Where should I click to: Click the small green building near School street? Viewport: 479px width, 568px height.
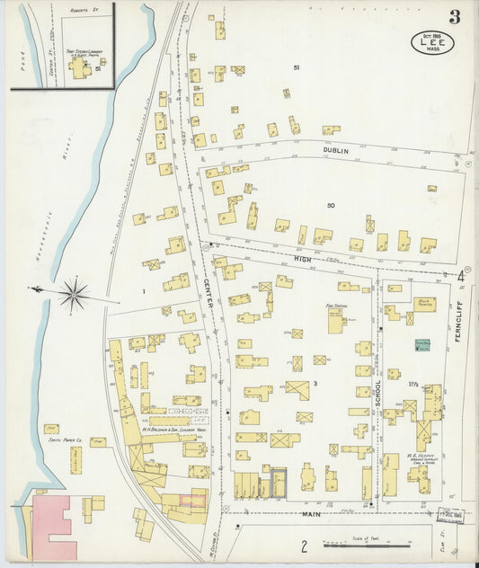(422, 343)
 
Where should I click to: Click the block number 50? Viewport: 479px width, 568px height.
(330, 206)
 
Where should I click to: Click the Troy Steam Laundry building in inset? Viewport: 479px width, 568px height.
(79, 67)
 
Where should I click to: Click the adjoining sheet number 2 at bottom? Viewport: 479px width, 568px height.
(304, 545)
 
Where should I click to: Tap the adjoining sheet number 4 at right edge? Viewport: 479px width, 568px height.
(460, 276)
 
